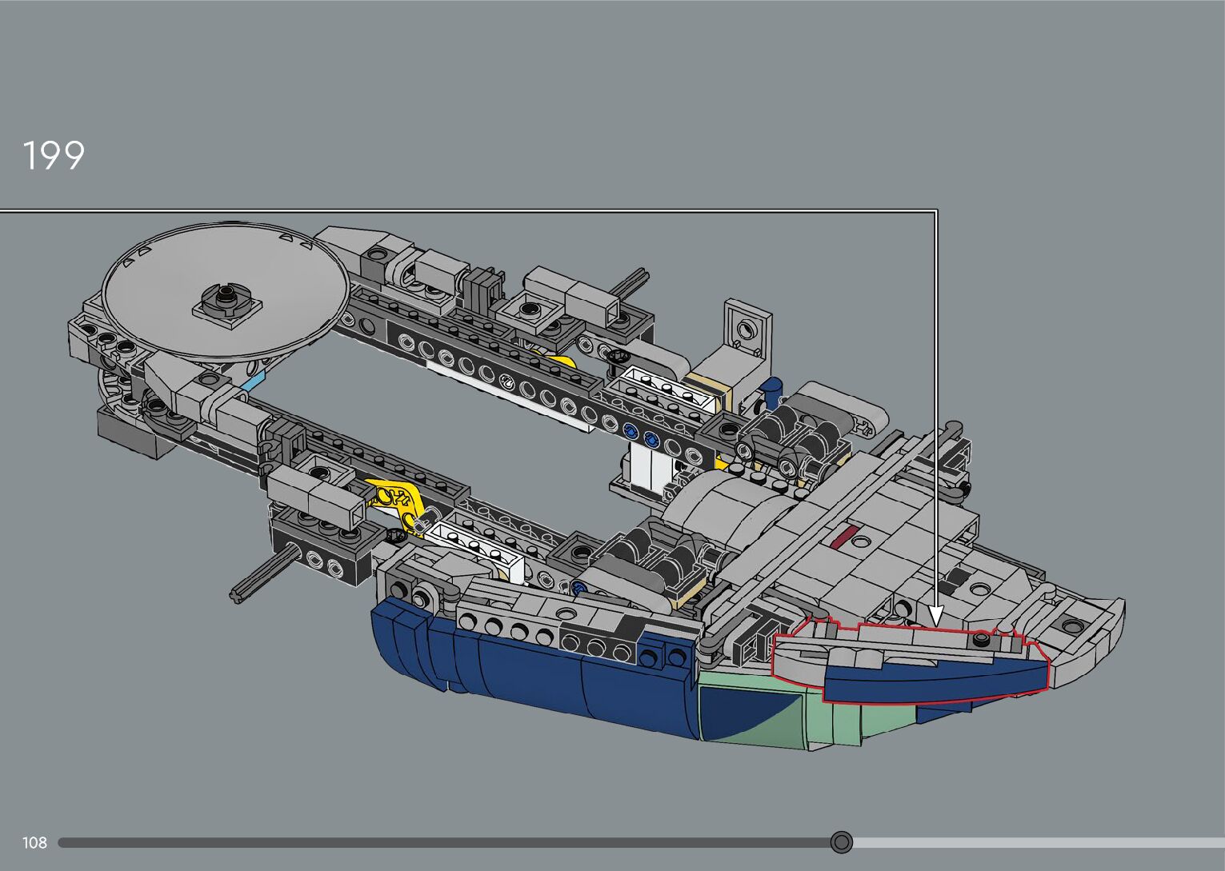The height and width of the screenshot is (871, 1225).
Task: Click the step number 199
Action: click(54, 155)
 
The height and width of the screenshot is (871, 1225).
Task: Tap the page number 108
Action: click(34, 842)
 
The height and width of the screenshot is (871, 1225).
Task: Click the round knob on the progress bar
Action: click(841, 842)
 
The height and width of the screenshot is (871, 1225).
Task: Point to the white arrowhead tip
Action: click(936, 626)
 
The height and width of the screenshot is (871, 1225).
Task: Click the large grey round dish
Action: click(226, 290)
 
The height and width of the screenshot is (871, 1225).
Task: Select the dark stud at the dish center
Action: click(224, 298)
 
